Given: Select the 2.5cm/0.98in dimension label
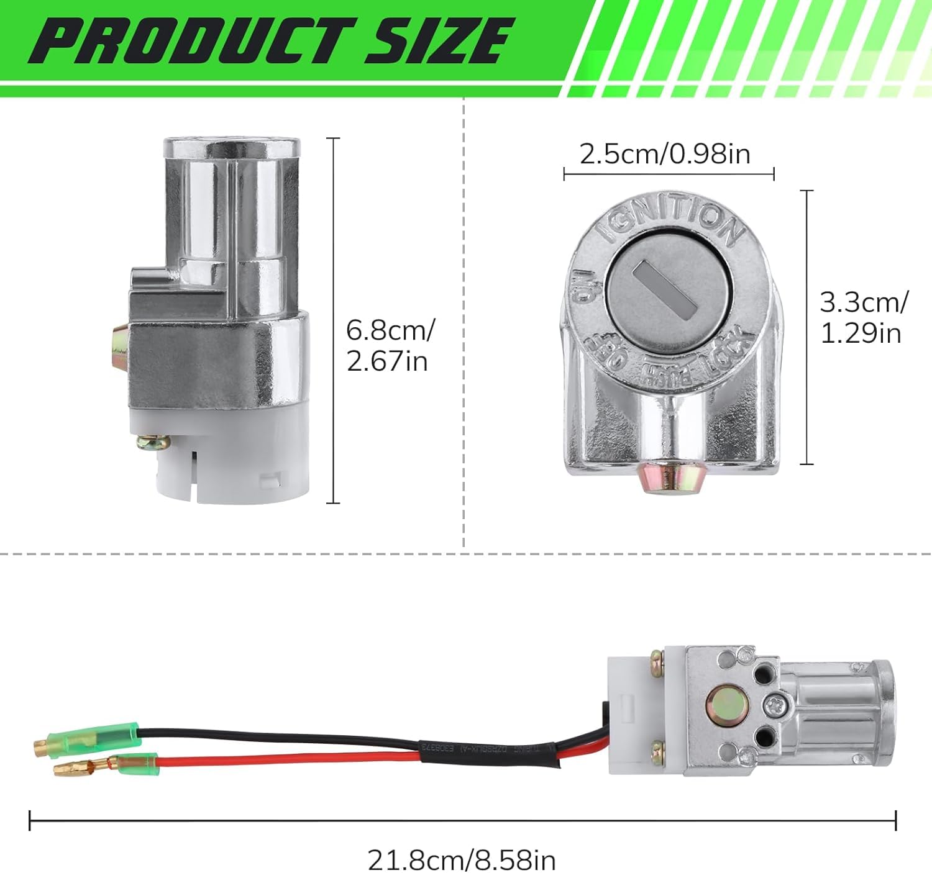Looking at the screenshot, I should click(x=665, y=153).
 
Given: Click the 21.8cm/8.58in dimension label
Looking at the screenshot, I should click(x=462, y=860).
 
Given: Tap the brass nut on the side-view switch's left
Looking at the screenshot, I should click(x=118, y=350).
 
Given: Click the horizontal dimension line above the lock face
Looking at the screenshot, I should click(x=669, y=174).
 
